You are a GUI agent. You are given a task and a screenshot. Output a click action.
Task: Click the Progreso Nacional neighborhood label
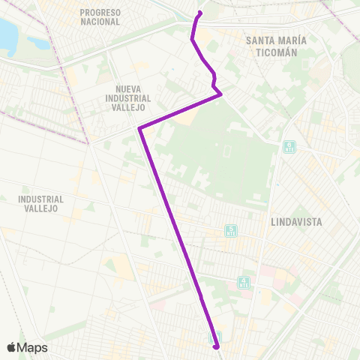[100, 17]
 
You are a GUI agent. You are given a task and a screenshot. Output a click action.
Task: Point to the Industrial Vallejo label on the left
[42, 203]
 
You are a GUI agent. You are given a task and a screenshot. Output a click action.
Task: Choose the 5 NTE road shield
[230, 230]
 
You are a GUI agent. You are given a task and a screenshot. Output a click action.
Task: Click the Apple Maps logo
[27, 347]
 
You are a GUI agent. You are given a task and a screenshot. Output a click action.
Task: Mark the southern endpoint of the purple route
[216, 346]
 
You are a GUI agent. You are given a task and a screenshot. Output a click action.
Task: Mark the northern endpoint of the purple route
[200, 13]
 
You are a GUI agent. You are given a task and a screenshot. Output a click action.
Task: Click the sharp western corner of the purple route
[139, 129]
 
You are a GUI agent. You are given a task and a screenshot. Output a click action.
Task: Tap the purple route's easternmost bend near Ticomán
[220, 93]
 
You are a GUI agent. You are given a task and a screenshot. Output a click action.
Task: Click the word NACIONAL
[100, 22]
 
